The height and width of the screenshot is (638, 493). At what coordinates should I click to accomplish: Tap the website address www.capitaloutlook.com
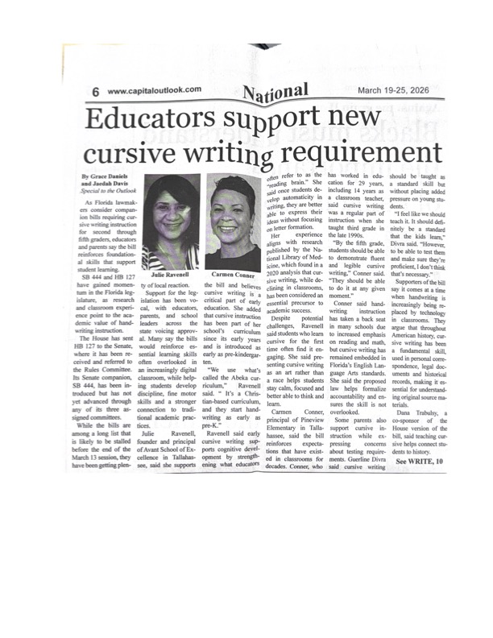154,90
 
